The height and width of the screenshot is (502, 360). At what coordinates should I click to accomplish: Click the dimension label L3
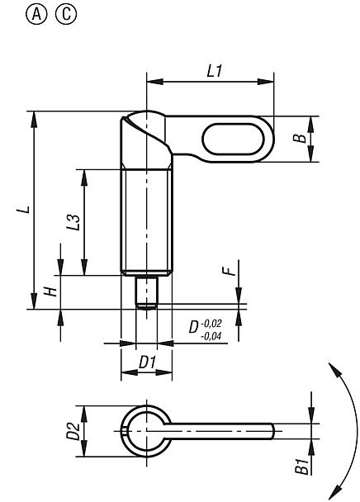point(73,222)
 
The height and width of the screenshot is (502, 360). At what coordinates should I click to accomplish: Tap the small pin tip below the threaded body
point(146,292)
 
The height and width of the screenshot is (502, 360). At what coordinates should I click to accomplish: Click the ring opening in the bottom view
point(146,429)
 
